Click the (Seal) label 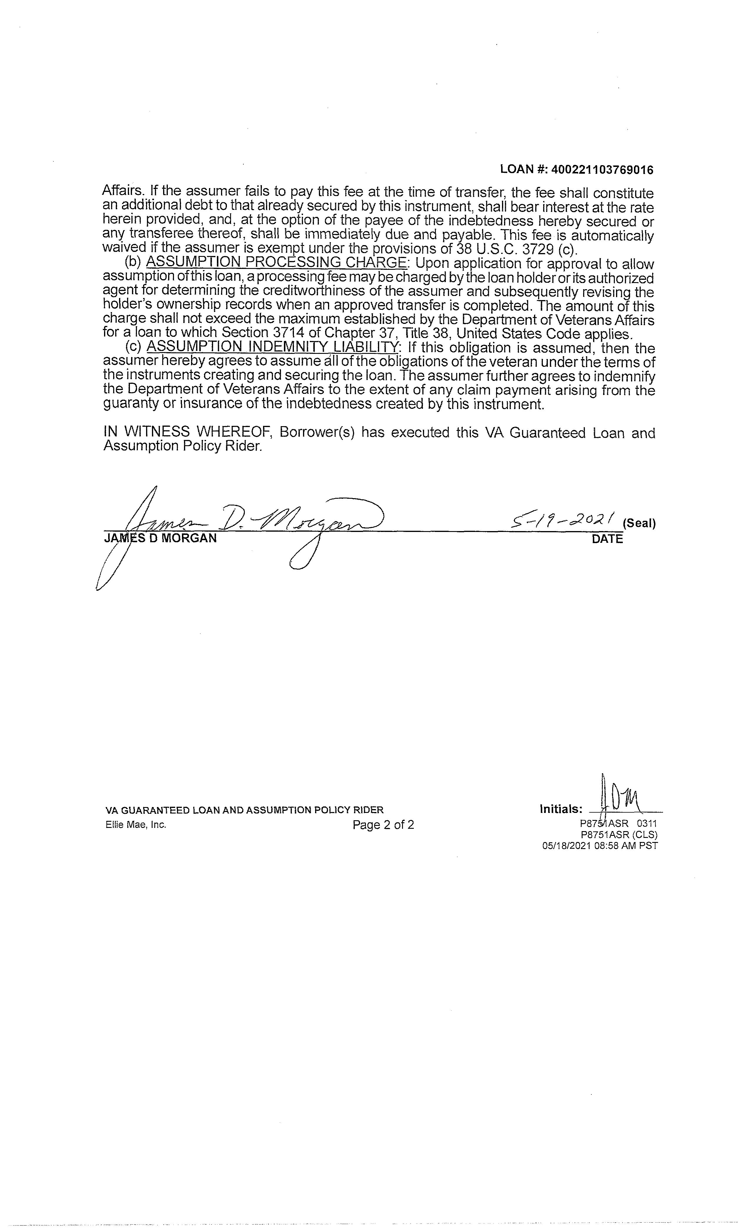tap(639, 523)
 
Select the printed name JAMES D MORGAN tap(160, 538)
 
